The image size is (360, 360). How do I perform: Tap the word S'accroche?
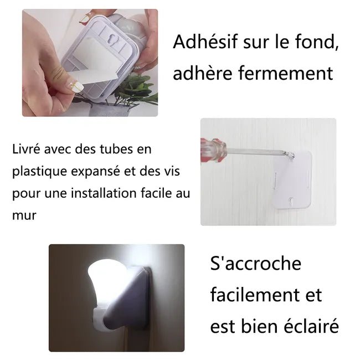tap(256, 263)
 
